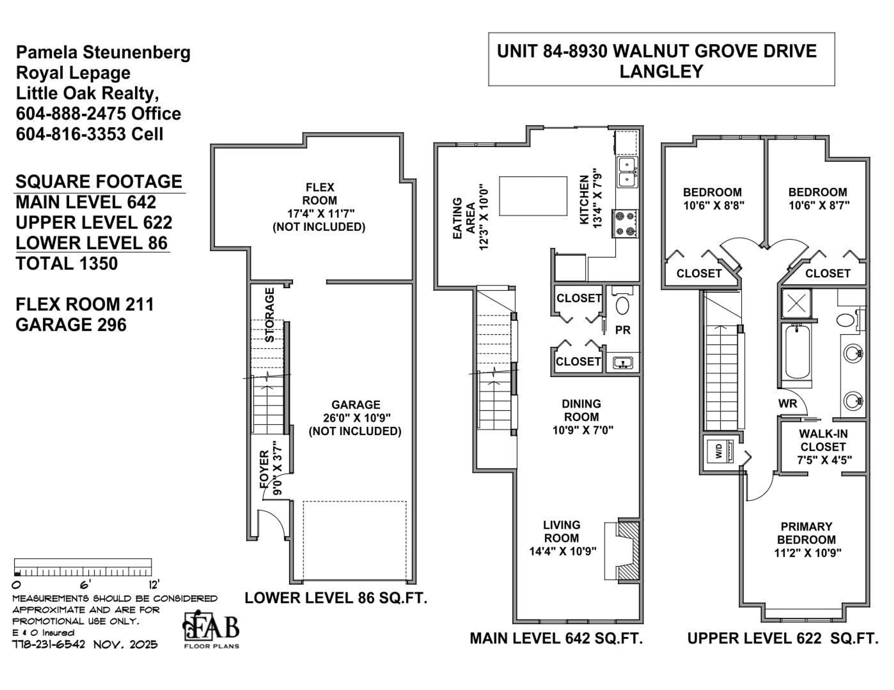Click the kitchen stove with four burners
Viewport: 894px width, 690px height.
(x=625, y=223)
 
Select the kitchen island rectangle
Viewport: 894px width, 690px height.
(x=533, y=196)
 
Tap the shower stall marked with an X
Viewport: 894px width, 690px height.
(x=796, y=303)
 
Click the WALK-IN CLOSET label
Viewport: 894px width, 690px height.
(x=823, y=440)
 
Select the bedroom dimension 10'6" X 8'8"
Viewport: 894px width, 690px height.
(x=714, y=205)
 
